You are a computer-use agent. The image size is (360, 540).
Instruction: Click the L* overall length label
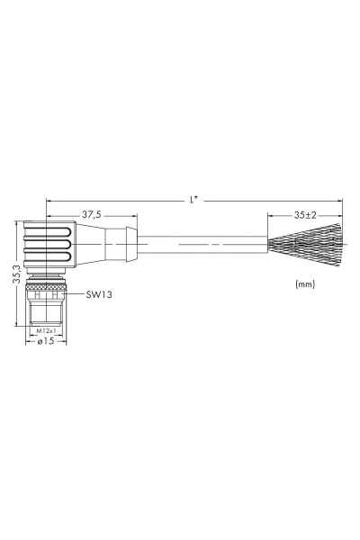pyautogui.click(x=194, y=200)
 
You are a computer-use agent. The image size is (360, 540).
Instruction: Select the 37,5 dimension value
pyautogui.click(x=92, y=214)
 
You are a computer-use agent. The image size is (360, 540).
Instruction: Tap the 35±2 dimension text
pyautogui.click(x=305, y=215)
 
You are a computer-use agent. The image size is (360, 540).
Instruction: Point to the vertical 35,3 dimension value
pyautogui.click(x=17, y=274)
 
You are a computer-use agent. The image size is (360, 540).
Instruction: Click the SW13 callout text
pyautogui.click(x=99, y=294)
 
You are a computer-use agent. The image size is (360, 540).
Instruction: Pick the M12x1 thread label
pyautogui.click(x=47, y=330)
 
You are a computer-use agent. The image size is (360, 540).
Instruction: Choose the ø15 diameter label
pyautogui.click(x=46, y=341)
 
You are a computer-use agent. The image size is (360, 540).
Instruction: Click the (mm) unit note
pyautogui.click(x=305, y=284)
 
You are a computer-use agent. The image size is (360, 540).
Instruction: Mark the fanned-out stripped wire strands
pyautogui.click(x=305, y=245)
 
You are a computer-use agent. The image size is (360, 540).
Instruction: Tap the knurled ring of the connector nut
pyautogui.click(x=46, y=286)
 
